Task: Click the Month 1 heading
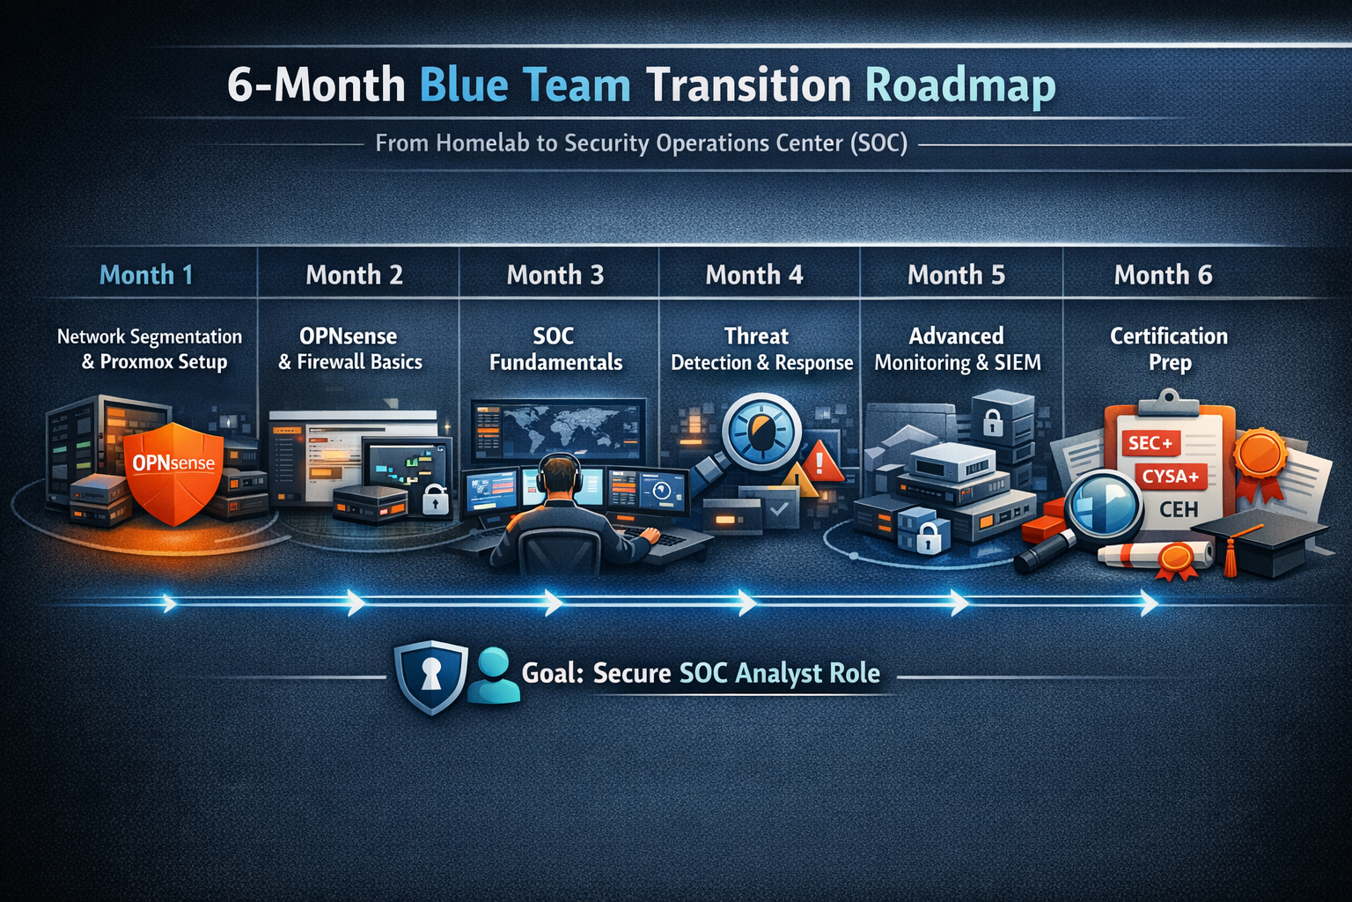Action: pos(146,275)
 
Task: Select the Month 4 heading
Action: pos(754,275)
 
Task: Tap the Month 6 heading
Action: pos(1163,275)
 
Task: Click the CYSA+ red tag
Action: pos(1171,477)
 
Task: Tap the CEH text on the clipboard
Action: pos(1179,509)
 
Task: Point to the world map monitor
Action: pos(558,430)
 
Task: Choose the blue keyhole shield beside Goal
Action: pos(430,676)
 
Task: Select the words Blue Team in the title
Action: pos(525,85)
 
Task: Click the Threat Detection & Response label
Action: pos(761,349)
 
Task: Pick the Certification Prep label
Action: pos(1169,349)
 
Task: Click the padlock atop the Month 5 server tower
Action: pos(992,421)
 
